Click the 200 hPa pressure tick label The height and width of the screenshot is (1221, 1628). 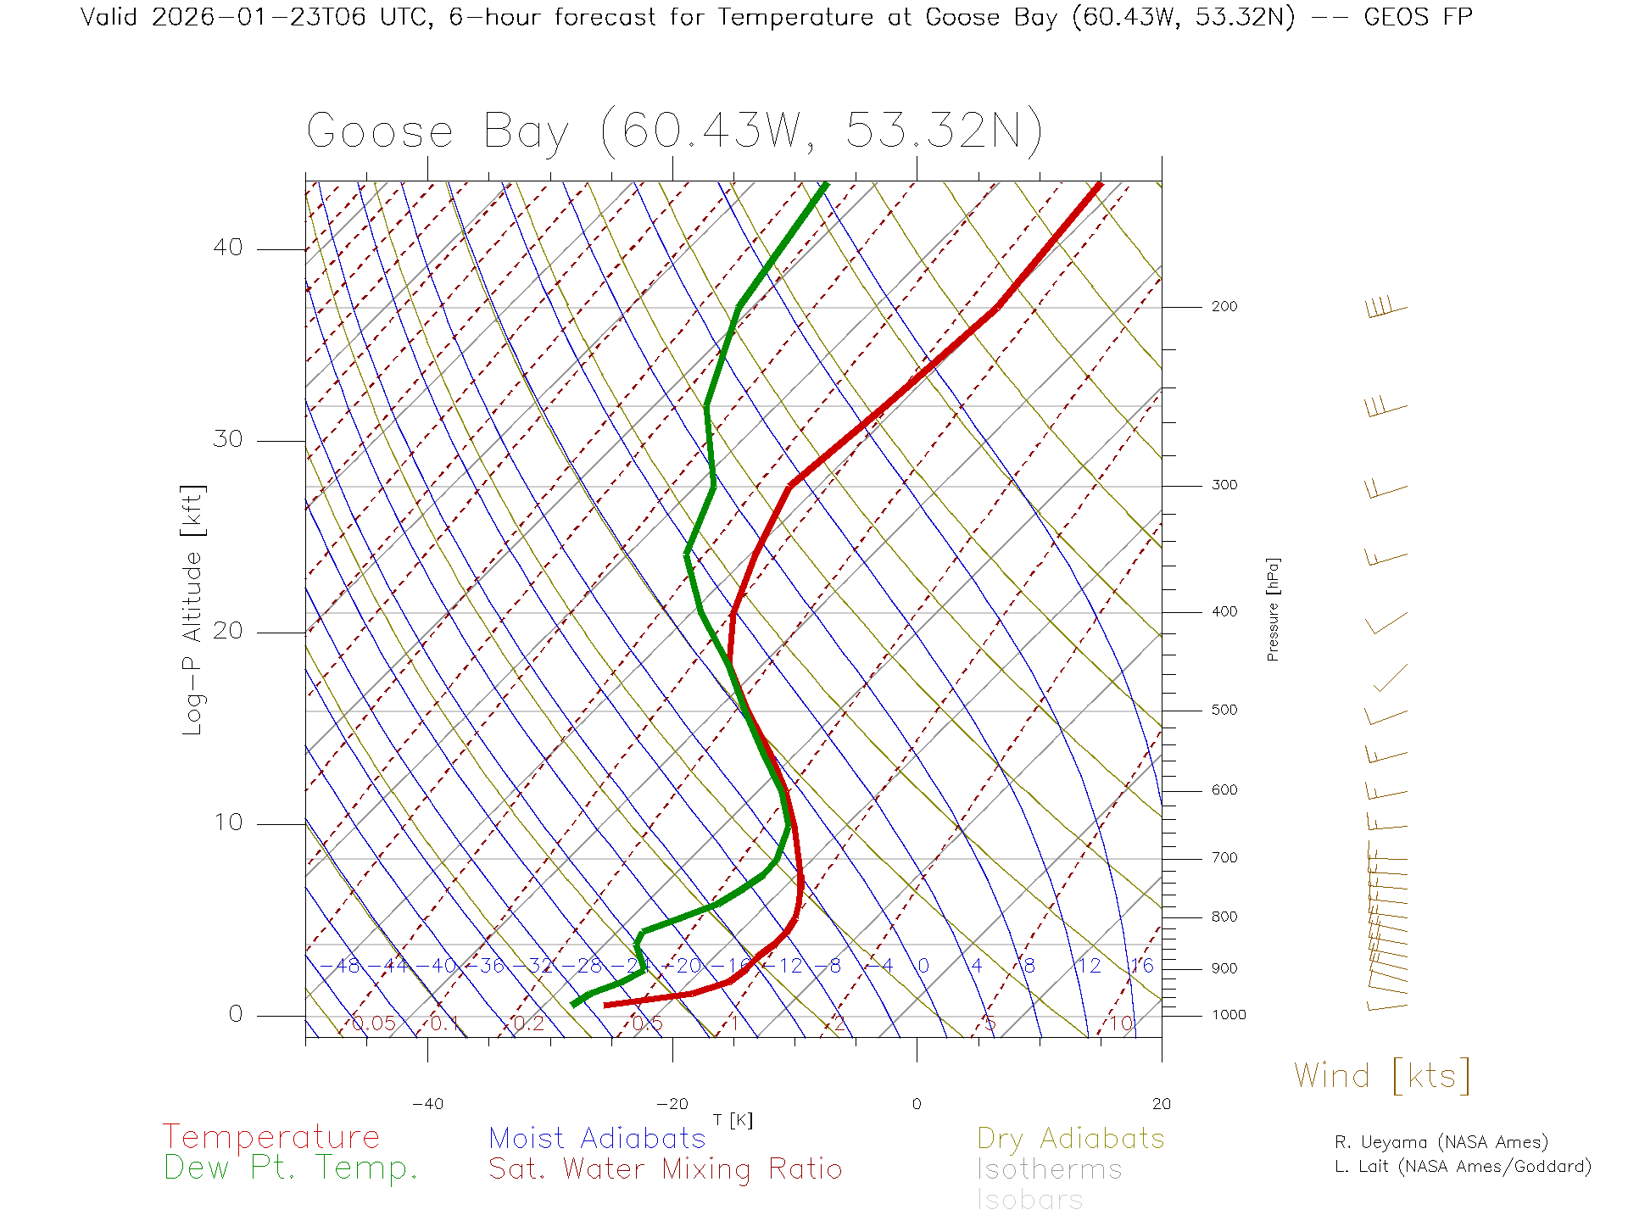click(x=1224, y=307)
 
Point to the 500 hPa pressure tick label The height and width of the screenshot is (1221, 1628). click(x=1224, y=711)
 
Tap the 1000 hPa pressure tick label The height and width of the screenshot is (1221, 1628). click(x=1229, y=1015)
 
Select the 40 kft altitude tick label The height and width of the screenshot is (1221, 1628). click(x=227, y=248)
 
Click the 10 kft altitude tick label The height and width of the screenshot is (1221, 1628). click(x=227, y=822)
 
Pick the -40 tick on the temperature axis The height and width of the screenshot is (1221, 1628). click(x=427, y=1104)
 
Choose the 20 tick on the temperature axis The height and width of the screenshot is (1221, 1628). click(x=1161, y=1104)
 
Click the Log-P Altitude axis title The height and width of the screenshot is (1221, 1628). click(x=193, y=610)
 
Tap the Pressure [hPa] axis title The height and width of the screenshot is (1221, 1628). click(x=1273, y=609)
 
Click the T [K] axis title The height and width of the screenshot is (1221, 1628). click(x=733, y=1120)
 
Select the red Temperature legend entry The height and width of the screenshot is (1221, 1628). click(x=271, y=1137)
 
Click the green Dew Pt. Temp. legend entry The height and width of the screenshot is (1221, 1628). click(x=291, y=1168)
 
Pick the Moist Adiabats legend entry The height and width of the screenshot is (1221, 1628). click(x=598, y=1139)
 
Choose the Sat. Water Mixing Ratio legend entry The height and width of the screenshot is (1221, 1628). click(x=666, y=1169)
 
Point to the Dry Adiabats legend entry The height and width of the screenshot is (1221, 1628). click(x=1071, y=1139)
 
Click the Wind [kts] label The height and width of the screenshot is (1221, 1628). click(x=1382, y=1076)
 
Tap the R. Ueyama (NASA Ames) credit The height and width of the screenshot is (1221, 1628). click(x=1441, y=1142)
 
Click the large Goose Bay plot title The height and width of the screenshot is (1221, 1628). click(x=674, y=132)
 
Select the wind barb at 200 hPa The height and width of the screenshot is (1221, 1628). click(x=1386, y=308)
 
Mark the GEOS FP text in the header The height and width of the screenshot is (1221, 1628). click(x=1418, y=17)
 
